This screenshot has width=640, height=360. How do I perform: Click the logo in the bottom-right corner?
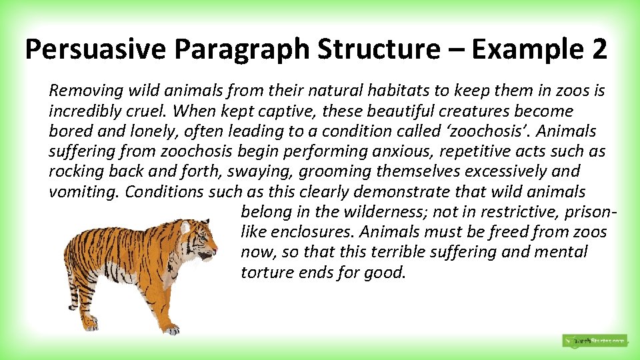tap(594, 341)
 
